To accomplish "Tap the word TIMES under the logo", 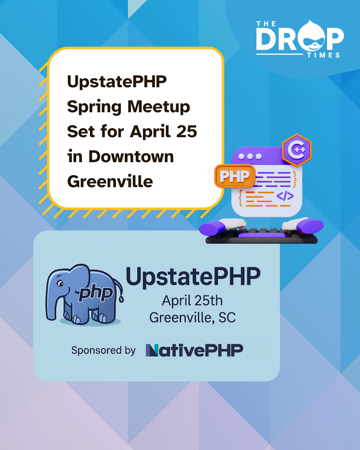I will [323, 55].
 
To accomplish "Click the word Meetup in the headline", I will [159, 107].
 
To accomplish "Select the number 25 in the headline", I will [186, 131].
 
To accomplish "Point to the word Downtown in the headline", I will [131, 156].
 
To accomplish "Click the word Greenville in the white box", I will [110, 181].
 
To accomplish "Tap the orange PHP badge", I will [235, 176].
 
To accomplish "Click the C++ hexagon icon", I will [297, 150].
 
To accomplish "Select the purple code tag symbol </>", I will [285, 196].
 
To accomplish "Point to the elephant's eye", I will [60, 283].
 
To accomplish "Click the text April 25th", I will [192, 301].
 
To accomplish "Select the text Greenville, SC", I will [192, 317].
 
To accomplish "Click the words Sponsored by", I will [103, 350].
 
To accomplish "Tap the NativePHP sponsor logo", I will [194, 350].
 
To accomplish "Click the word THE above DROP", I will [266, 24].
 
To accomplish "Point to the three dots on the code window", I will [250, 156].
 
